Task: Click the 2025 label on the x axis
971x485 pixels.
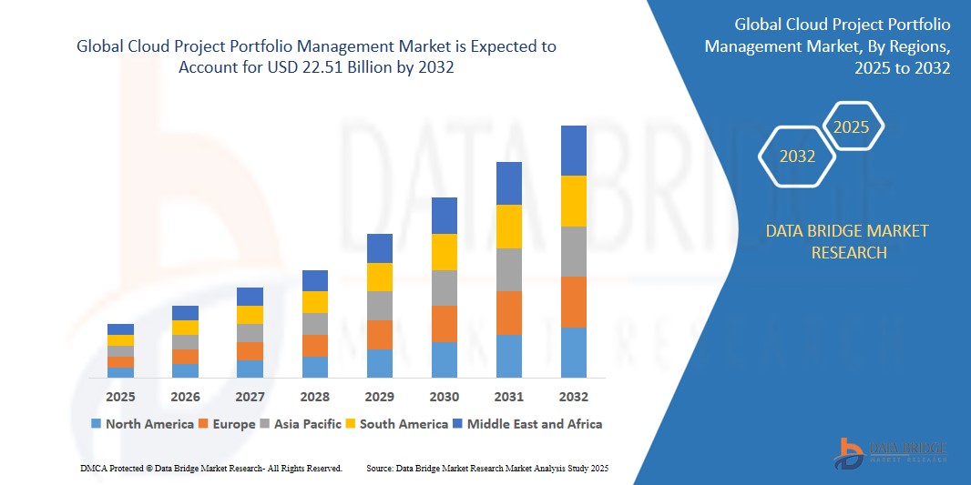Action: [x=120, y=397]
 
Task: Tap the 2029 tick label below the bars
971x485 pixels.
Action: [x=380, y=397]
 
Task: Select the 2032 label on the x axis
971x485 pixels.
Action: [x=574, y=397]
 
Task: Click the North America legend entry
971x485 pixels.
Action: [x=142, y=423]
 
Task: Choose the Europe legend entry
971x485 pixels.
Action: [x=231, y=423]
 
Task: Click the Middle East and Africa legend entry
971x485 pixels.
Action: [x=533, y=423]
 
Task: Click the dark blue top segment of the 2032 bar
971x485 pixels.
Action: [x=574, y=150]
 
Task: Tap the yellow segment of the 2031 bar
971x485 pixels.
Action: [x=509, y=227]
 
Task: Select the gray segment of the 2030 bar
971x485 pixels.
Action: [x=445, y=288]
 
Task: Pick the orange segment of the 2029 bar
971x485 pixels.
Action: [x=380, y=334]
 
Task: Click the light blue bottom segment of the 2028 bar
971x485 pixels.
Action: [x=315, y=367]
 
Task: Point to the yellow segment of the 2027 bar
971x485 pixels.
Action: [x=250, y=315]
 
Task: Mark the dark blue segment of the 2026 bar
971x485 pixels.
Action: [x=186, y=313]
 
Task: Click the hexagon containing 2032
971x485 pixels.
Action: [x=797, y=157]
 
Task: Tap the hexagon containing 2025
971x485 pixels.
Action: [x=852, y=127]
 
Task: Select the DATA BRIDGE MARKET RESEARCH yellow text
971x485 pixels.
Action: [x=847, y=241]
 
